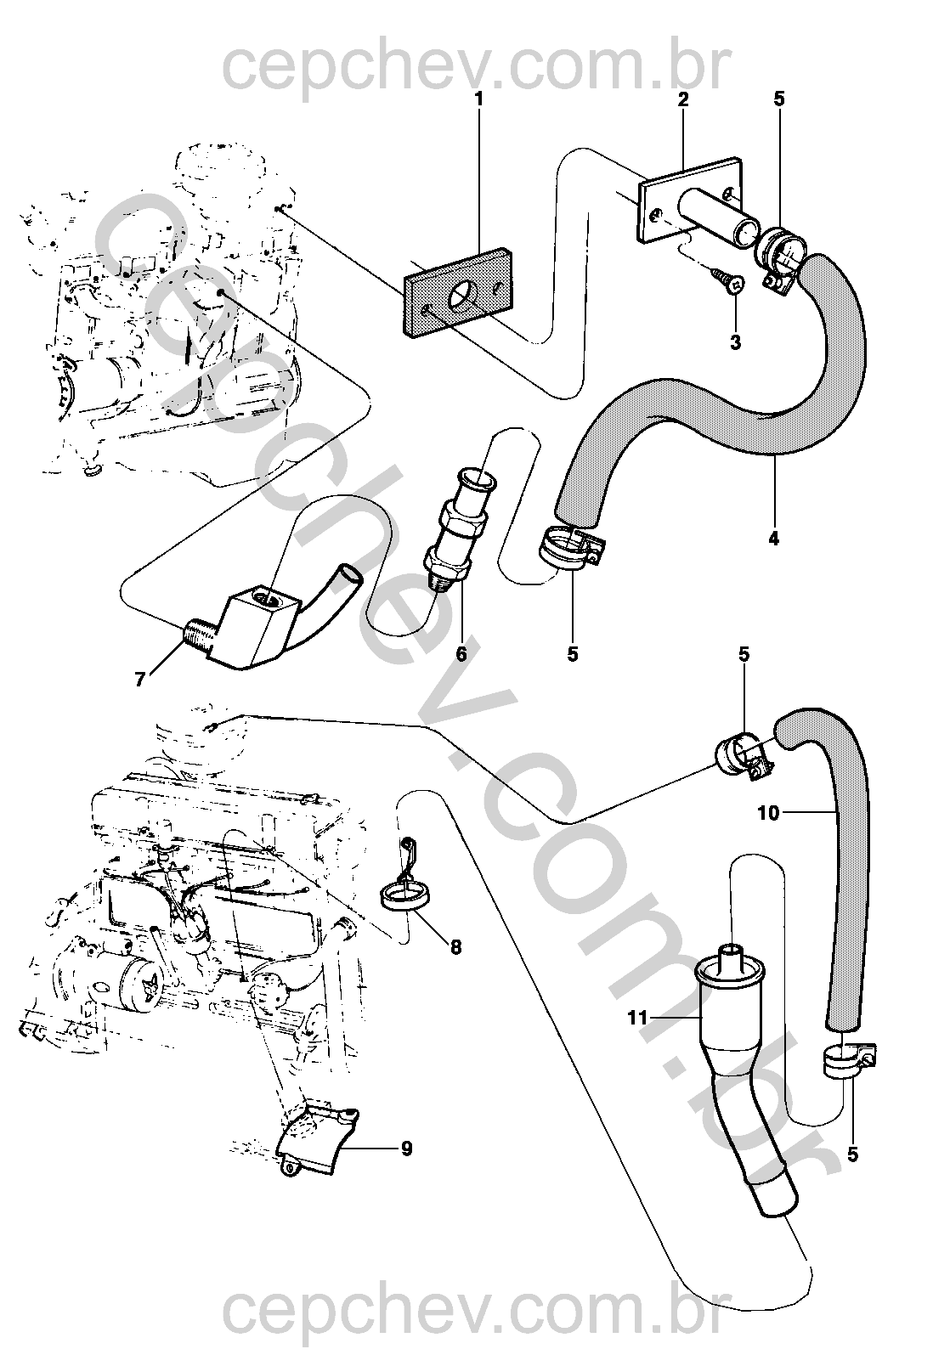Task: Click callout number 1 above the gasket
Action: [x=478, y=99]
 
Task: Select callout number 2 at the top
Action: [x=682, y=99]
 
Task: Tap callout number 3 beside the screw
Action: [x=735, y=342]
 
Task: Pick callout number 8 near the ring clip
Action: [x=456, y=946]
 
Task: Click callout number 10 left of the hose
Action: [x=768, y=813]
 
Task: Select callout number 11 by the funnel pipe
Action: [x=639, y=1017]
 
